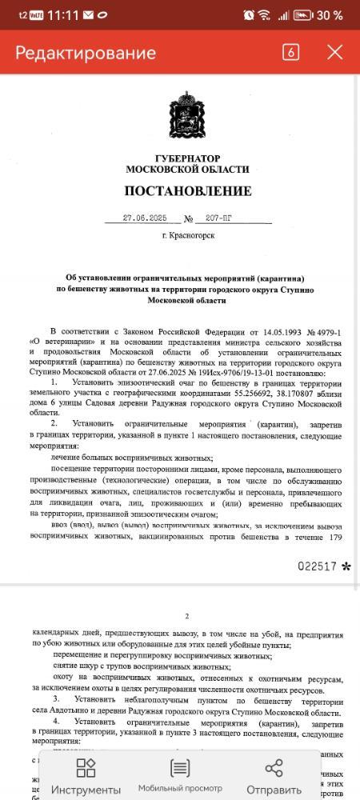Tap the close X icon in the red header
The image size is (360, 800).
[334, 53]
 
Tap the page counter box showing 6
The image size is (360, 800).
[290, 53]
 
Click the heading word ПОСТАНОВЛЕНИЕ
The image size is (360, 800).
[188, 191]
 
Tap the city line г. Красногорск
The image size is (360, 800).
[188, 236]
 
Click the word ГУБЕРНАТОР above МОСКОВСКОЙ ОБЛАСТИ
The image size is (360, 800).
[188, 158]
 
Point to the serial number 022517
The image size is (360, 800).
[318, 566]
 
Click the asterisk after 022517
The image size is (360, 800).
[346, 566]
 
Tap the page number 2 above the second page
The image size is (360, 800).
[186, 617]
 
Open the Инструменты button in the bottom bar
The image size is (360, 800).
[86, 776]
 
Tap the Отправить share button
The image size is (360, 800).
[274, 776]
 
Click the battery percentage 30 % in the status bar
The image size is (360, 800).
[328, 15]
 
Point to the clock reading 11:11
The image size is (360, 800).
[63, 15]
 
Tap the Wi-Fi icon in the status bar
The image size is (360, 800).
[263, 15]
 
